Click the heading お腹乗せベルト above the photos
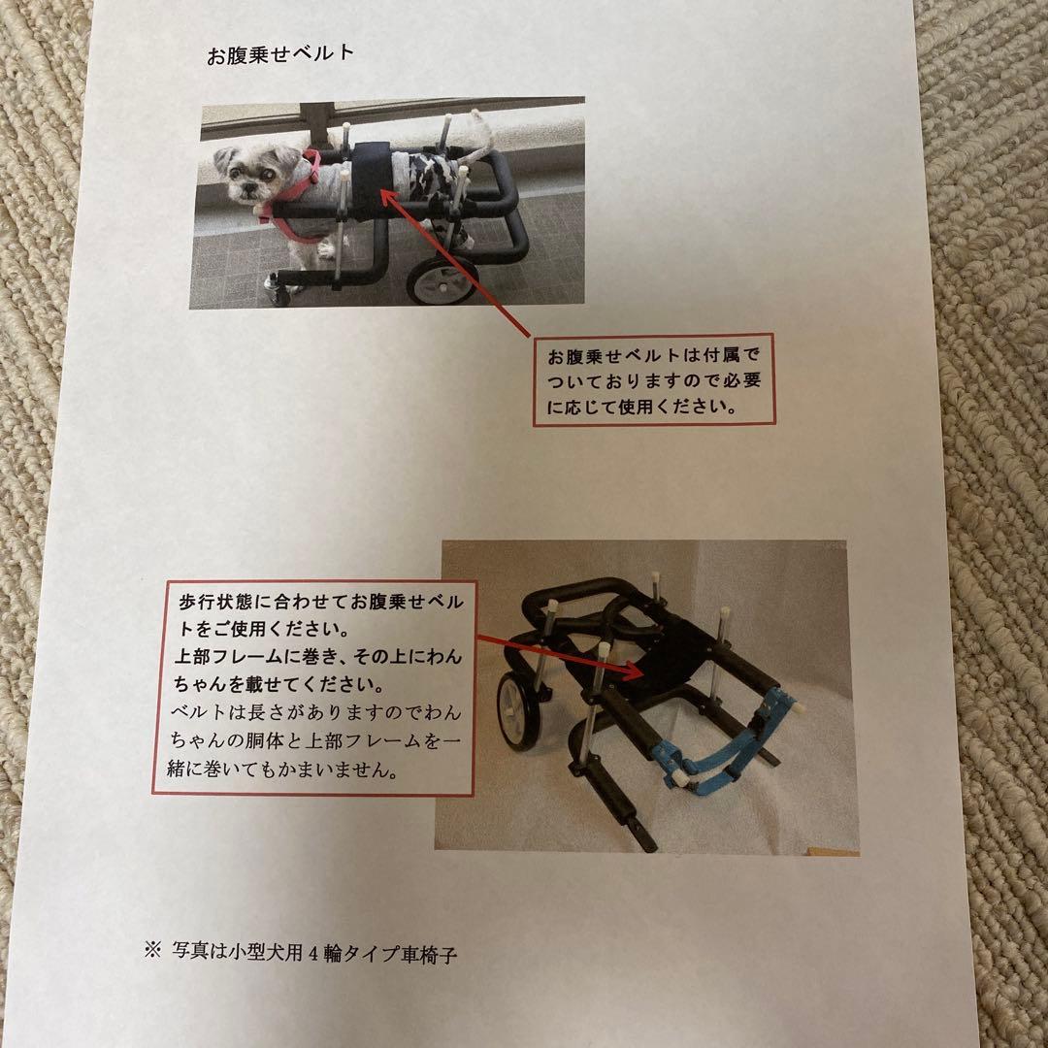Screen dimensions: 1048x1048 280,55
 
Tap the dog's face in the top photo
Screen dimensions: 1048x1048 237,175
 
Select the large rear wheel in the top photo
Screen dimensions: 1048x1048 442,279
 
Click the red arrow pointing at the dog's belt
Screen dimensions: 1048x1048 456,262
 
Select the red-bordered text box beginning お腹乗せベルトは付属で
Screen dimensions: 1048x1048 654,381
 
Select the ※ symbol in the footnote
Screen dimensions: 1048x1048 152,951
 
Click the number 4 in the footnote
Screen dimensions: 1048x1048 312,953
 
